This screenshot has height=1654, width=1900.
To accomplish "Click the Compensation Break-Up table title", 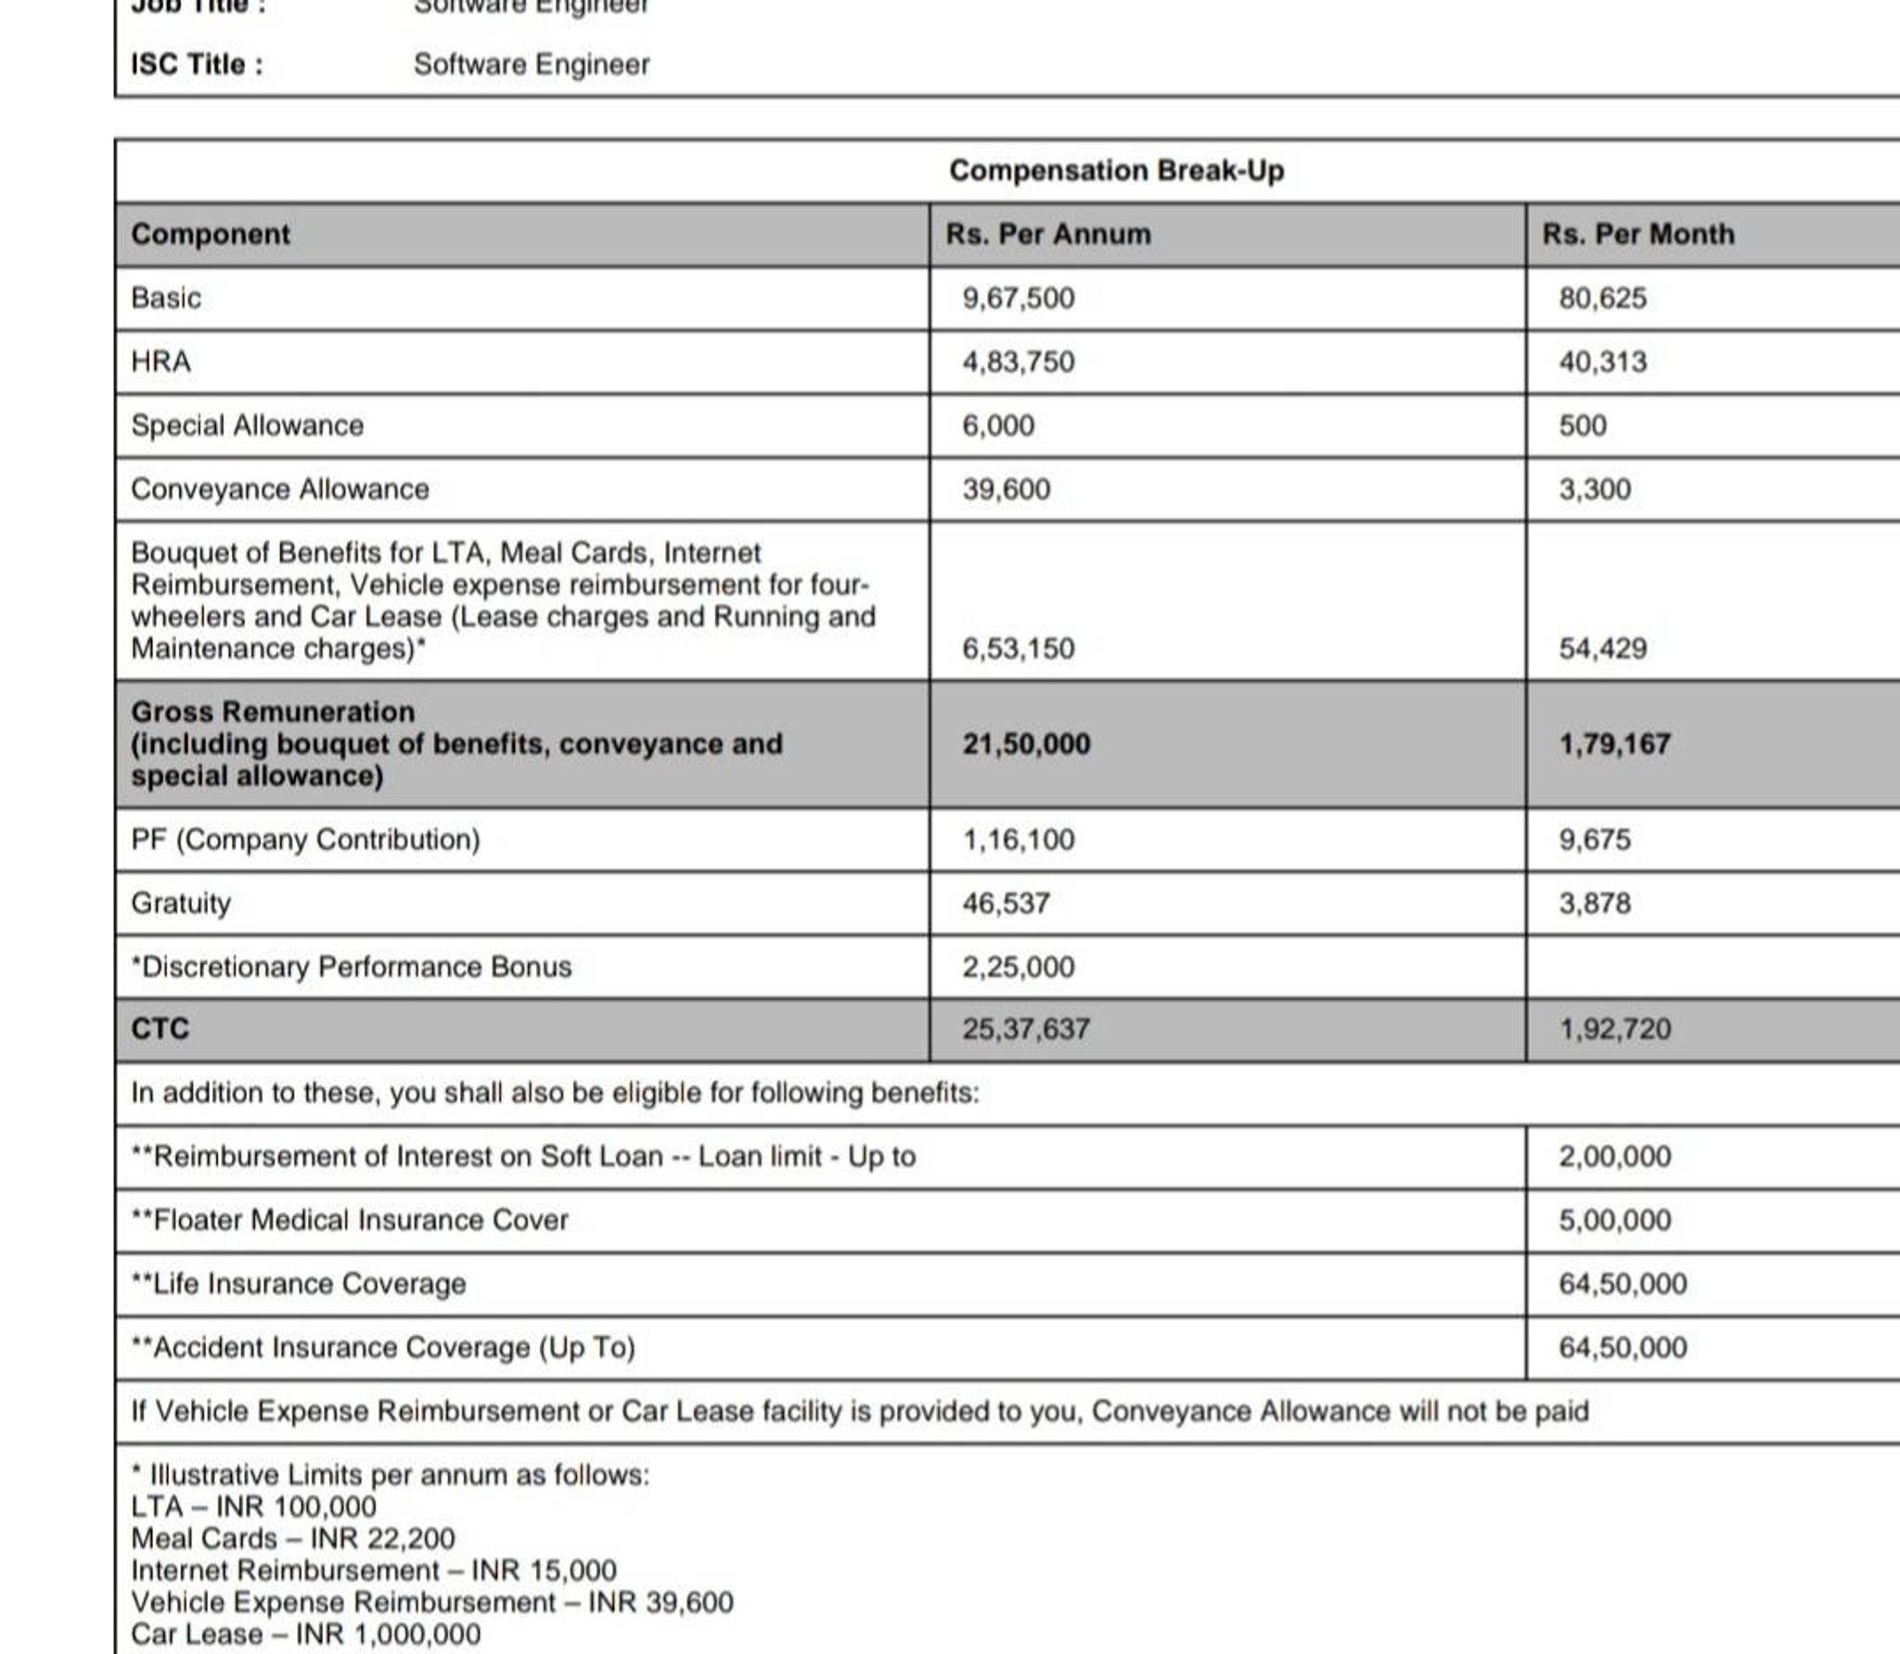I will click(x=1116, y=171).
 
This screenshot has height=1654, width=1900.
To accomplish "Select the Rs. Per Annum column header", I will click(x=1048, y=234).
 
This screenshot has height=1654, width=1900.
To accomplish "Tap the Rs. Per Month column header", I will click(x=1637, y=234).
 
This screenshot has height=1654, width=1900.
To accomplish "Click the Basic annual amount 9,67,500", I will click(x=1018, y=298).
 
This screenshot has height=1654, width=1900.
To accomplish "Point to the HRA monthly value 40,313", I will click(x=1602, y=361).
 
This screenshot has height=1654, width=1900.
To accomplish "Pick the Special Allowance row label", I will click(x=247, y=425).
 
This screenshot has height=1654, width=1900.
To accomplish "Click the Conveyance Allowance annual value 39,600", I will click(x=1006, y=489).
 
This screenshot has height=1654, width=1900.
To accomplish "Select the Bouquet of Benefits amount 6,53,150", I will click(x=1018, y=647).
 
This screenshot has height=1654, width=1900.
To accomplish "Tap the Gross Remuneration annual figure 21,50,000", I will click(x=1026, y=743).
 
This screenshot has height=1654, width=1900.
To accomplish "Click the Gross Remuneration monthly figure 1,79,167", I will click(x=1614, y=743).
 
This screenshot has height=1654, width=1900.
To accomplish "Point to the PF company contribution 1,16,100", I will click(x=1018, y=840).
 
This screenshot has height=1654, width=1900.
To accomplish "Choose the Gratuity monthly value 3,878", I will click(x=1594, y=903).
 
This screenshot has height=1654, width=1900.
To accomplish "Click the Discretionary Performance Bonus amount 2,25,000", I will click(x=1018, y=967).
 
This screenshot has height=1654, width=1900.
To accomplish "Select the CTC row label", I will click(x=160, y=1029).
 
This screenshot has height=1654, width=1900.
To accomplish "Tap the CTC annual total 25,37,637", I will click(x=1025, y=1029).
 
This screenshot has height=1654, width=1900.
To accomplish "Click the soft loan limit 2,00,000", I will click(x=1614, y=1156).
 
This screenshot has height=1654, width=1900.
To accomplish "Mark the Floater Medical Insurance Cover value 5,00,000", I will click(x=1614, y=1220).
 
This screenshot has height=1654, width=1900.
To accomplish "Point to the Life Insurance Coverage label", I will click(x=298, y=1284).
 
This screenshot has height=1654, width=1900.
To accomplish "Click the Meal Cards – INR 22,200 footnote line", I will click(x=292, y=1538).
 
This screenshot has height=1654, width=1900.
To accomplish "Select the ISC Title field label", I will click(x=197, y=64).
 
